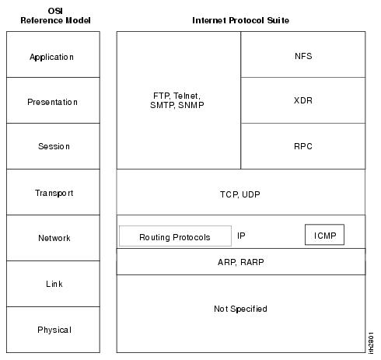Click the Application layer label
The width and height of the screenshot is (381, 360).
coord(51,57)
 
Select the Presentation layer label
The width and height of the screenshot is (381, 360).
coord(52,102)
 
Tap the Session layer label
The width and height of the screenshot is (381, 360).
coord(54,146)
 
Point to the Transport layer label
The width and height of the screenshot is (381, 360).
coord(54,193)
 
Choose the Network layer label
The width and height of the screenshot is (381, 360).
coord(54,238)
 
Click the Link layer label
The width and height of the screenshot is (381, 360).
coord(54,284)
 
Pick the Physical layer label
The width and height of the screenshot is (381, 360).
coord(54,330)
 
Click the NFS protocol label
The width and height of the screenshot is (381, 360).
coord(303,56)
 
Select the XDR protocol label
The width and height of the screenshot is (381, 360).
coord(303,100)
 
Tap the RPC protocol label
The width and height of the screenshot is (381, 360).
coord(303,146)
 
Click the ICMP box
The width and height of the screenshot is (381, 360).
coord(324,235)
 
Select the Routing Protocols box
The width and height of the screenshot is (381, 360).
coord(175,236)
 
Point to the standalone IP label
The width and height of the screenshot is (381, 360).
coord(241,236)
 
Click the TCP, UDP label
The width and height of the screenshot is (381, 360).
coord(240,194)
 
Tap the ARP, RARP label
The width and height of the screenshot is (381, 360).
coord(241,262)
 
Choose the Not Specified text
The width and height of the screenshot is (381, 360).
coord(240,309)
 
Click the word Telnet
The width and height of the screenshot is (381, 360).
coord(187,96)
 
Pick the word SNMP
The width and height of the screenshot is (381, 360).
coord(191,105)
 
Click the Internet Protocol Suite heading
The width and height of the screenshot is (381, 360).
coord(240,20)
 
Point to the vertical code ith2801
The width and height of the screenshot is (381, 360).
coord(371,343)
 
